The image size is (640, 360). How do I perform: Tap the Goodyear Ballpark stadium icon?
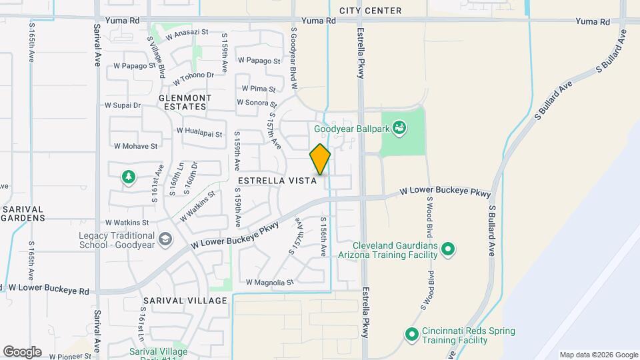coord(399,127)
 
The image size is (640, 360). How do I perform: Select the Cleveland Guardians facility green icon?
coord(449,250)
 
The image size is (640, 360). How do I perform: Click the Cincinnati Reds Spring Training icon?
coord(411,333)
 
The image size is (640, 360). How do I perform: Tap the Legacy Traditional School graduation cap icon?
coord(164,239)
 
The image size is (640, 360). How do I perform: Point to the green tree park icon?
coord(127,177)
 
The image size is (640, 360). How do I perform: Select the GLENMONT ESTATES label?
coord(185,102)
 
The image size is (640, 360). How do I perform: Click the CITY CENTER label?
coord(370,11)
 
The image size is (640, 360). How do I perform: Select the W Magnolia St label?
coord(269,282)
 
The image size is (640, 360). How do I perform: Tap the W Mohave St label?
coord(135,145)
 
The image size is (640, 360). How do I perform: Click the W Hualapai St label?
coord(199,133)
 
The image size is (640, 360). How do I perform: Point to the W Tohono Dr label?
coord(193,79)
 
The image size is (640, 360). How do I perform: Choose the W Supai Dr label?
coord(123,105)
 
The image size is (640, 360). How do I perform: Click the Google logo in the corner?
coord(22,351)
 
